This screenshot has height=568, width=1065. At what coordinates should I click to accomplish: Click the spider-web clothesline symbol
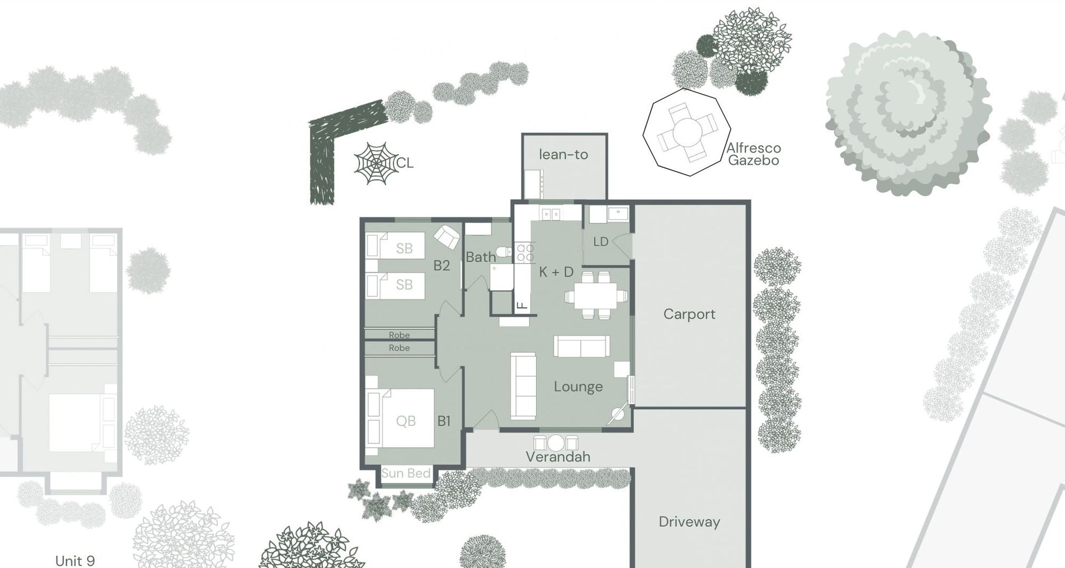point(377,163)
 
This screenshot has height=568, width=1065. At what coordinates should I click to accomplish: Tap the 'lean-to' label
point(563,154)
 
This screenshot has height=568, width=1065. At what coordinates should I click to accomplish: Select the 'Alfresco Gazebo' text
point(753,154)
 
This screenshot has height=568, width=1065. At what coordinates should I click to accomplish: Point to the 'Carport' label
point(689,314)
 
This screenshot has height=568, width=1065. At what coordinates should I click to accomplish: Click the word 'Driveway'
point(689,521)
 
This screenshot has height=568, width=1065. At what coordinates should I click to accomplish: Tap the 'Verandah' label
point(557,457)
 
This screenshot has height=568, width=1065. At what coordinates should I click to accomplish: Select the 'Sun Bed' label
point(405,473)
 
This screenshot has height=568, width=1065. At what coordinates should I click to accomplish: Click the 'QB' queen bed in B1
point(405,420)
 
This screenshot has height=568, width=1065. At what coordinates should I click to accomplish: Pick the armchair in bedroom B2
point(447,237)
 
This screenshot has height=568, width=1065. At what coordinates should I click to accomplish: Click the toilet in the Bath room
point(504,252)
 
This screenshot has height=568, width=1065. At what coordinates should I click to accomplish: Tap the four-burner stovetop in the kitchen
point(525,253)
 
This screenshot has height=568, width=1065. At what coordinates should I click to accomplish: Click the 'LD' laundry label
point(601,242)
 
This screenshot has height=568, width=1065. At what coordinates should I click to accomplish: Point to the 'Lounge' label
point(578,387)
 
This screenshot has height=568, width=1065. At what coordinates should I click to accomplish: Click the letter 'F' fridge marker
point(521,305)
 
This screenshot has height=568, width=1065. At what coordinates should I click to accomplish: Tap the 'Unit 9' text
point(75,560)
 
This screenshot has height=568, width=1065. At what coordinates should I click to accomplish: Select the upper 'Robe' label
point(399,335)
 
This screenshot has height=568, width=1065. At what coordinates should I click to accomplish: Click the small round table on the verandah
point(555,443)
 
